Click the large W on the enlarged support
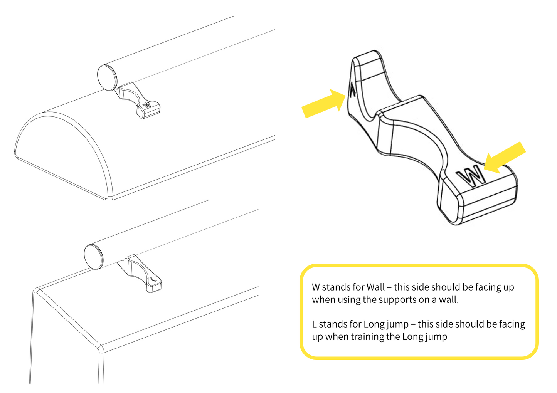point(471,176)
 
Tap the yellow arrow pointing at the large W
point(505,158)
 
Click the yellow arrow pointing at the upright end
point(324,103)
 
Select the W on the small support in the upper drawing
point(147,104)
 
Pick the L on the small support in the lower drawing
point(154,280)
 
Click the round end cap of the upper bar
point(107,78)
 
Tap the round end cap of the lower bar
point(94,257)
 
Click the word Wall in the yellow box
point(375,287)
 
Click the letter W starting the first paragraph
point(316,287)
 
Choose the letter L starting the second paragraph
point(314,324)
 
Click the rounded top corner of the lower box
point(37,291)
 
